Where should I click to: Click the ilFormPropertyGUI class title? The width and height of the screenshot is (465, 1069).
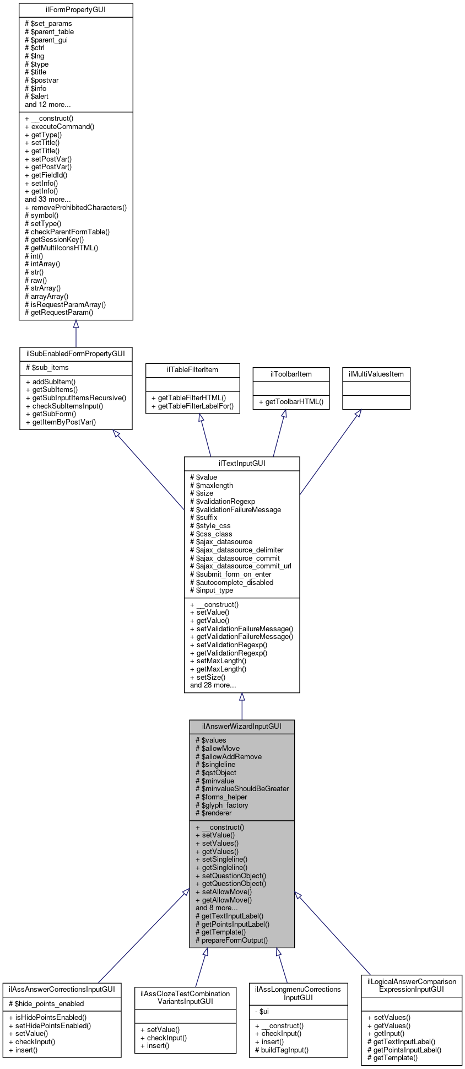75,10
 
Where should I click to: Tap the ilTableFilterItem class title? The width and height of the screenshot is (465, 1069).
192,369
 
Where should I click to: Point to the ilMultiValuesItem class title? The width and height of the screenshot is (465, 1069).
376,374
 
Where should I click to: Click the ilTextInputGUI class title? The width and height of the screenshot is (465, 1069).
242,463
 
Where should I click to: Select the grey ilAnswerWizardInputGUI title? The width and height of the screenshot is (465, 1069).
242,726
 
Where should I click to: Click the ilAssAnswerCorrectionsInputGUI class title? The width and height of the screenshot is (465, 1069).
62,989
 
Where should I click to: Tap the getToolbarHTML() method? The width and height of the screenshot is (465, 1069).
291,402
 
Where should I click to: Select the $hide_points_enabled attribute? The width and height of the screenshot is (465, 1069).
46,1003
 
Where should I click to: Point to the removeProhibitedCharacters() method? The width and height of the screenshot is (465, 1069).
76,207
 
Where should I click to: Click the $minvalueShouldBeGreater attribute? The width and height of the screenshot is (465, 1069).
242,788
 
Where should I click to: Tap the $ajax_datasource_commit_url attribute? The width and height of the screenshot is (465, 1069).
240,566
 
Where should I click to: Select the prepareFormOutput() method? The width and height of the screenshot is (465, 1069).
231,940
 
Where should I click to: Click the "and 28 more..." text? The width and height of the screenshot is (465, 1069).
213,685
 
